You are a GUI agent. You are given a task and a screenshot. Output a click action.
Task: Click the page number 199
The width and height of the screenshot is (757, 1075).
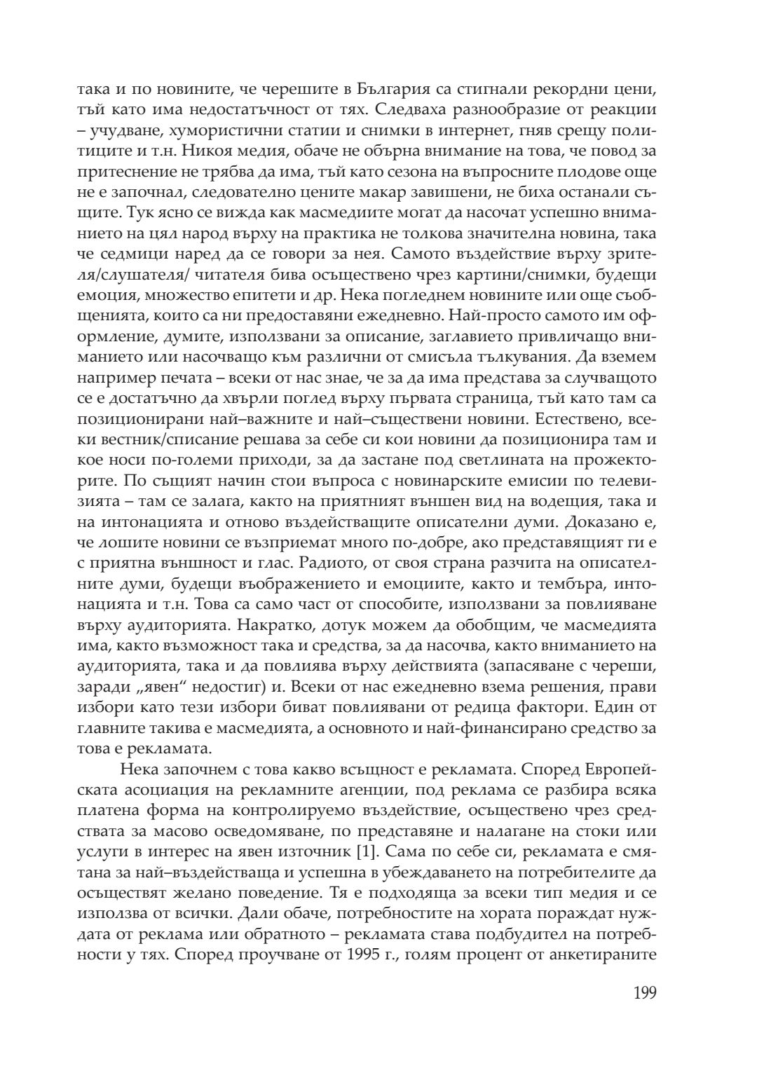645,993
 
